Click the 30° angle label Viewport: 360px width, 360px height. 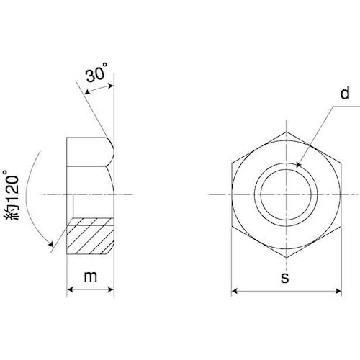pos(96,73)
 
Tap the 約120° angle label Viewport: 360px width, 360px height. pos(12,195)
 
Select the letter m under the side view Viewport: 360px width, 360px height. pos(91,276)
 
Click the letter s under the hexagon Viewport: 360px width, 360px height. pos(285,278)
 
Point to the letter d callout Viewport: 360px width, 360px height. pos(345,93)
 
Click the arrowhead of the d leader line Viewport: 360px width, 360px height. pos(298,165)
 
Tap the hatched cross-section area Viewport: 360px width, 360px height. pos(90,236)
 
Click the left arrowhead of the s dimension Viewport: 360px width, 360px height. pos(235,292)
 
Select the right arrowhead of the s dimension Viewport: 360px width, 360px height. pos(338,292)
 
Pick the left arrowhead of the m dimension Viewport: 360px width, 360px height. pos(70,289)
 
